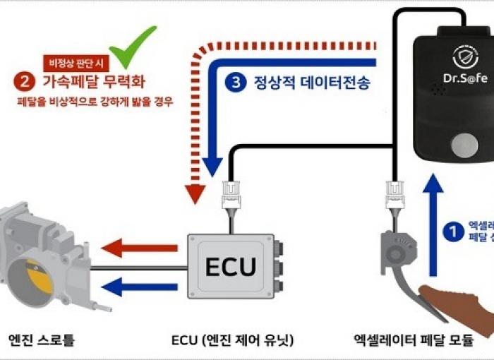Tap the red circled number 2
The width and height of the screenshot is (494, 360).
(x=23, y=81)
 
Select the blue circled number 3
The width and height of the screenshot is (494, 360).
(x=234, y=82)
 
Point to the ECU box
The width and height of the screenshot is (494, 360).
(x=229, y=266)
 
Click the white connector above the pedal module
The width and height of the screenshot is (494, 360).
(x=393, y=193)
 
